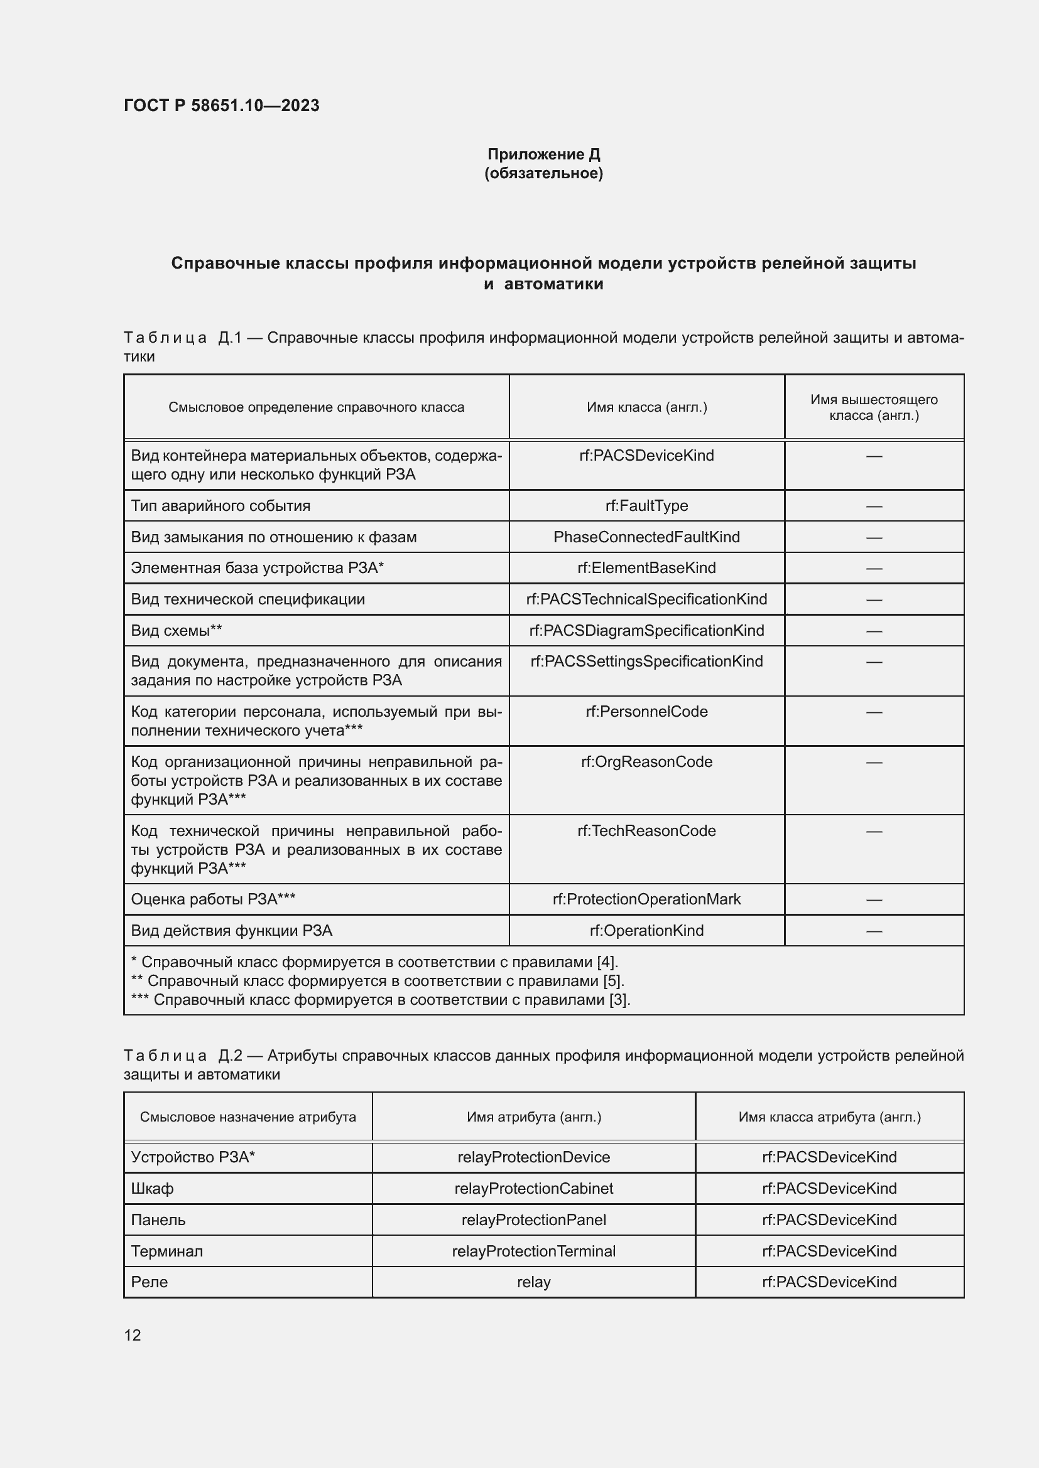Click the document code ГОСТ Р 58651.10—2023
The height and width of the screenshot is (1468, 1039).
click(x=221, y=105)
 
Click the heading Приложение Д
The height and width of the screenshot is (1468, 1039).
click(x=543, y=154)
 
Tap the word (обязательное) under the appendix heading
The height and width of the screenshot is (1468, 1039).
click(x=543, y=173)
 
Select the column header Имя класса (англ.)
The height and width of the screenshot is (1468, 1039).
click(x=646, y=407)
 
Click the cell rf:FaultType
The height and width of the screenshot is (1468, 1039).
click(x=646, y=506)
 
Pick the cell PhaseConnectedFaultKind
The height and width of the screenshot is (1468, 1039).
click(x=646, y=537)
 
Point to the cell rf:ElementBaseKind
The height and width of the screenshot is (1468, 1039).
click(x=646, y=568)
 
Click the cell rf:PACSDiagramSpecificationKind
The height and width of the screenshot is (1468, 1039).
click(x=646, y=630)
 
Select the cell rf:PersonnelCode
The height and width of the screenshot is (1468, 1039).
click(x=646, y=712)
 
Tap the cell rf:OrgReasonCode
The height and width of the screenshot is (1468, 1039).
click(x=646, y=761)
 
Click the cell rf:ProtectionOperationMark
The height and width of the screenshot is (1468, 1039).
click(x=646, y=899)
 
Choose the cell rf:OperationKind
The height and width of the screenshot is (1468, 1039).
click(x=646, y=930)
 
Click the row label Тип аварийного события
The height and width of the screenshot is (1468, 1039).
click(x=220, y=506)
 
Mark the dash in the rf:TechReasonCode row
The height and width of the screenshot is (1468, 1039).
click(x=874, y=831)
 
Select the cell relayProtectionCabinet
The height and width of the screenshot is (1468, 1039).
click(x=533, y=1189)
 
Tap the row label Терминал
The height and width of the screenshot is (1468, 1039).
click(x=167, y=1251)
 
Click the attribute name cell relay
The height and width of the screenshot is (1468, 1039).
click(x=533, y=1282)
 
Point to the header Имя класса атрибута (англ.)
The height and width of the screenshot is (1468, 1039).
click(x=829, y=1117)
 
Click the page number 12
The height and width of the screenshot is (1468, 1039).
click(x=133, y=1335)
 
